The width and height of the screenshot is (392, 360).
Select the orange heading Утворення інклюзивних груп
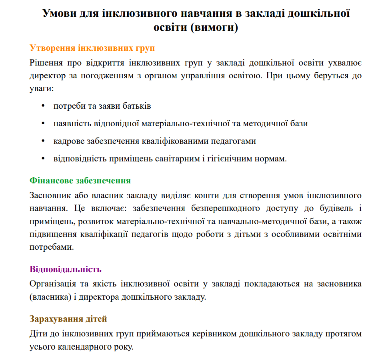click(x=92, y=48)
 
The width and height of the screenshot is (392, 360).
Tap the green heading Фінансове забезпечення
click(x=80, y=181)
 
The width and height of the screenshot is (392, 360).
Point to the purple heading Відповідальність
click(x=66, y=269)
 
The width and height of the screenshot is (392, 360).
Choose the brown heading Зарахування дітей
click(x=68, y=319)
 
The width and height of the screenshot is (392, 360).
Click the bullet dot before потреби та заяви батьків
click(x=43, y=106)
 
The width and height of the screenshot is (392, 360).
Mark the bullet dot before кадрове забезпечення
click(x=43, y=141)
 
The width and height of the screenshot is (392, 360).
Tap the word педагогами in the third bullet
click(x=234, y=141)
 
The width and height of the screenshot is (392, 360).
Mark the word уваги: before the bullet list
click(x=41, y=88)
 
